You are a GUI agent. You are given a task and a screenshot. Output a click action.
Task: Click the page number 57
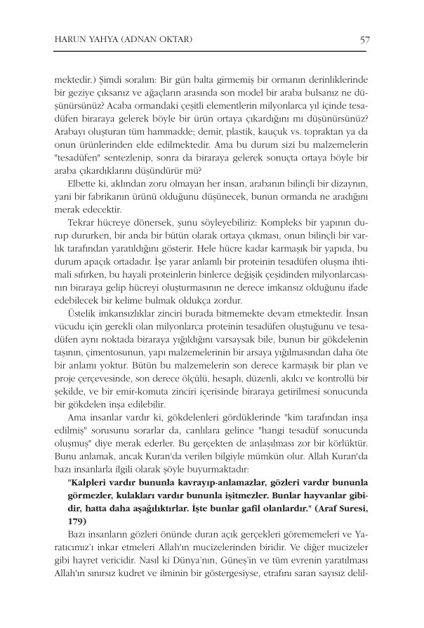pyautogui.click(x=364, y=39)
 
